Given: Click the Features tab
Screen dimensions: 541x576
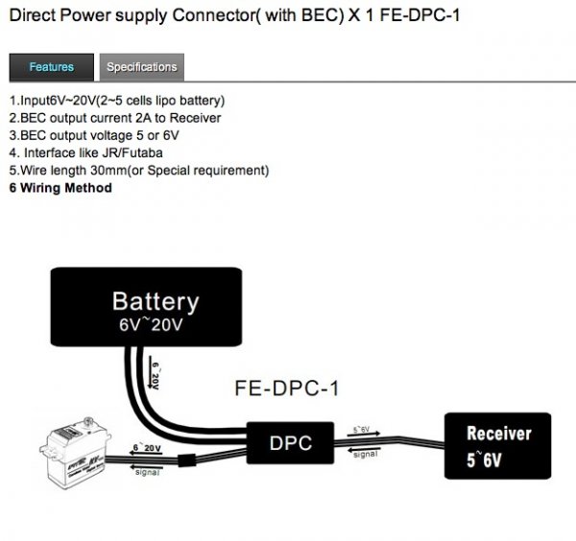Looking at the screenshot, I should tap(51, 67).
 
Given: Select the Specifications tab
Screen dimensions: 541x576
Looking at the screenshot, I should tap(141, 67).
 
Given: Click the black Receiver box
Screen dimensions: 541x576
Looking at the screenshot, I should tap(498, 445).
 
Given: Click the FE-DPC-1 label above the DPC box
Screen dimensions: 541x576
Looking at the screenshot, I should tap(286, 389).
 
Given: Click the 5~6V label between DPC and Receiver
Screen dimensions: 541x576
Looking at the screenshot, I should tap(363, 430).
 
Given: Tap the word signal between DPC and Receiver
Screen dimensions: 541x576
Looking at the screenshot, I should tap(365, 454).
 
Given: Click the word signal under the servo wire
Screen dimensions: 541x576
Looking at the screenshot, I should tap(149, 471).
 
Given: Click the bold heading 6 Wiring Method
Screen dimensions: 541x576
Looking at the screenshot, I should tap(60, 188).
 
